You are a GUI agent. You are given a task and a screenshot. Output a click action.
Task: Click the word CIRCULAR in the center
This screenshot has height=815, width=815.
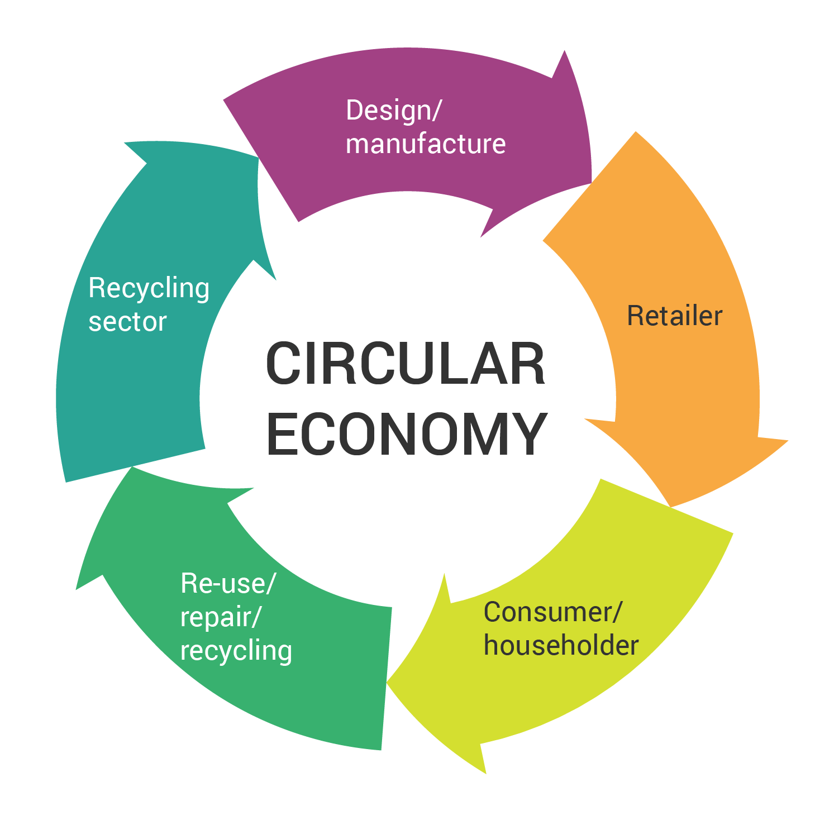click(406, 364)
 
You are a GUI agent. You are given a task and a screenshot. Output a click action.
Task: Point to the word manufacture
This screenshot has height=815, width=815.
click(426, 144)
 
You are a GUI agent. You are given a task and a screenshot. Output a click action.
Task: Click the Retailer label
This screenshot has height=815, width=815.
click(675, 316)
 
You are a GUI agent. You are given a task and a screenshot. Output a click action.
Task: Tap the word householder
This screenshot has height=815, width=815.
click(561, 645)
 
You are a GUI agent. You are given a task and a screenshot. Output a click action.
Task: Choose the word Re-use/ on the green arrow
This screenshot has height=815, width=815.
click(228, 583)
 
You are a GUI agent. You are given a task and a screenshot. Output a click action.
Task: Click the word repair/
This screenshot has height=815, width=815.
click(221, 617)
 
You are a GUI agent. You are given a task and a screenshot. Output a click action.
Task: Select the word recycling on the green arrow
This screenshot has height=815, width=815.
click(236, 651)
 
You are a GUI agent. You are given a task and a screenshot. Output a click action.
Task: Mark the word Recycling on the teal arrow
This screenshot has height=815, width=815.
click(149, 288)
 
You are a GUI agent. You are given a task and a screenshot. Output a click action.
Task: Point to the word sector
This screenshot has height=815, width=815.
click(127, 322)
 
